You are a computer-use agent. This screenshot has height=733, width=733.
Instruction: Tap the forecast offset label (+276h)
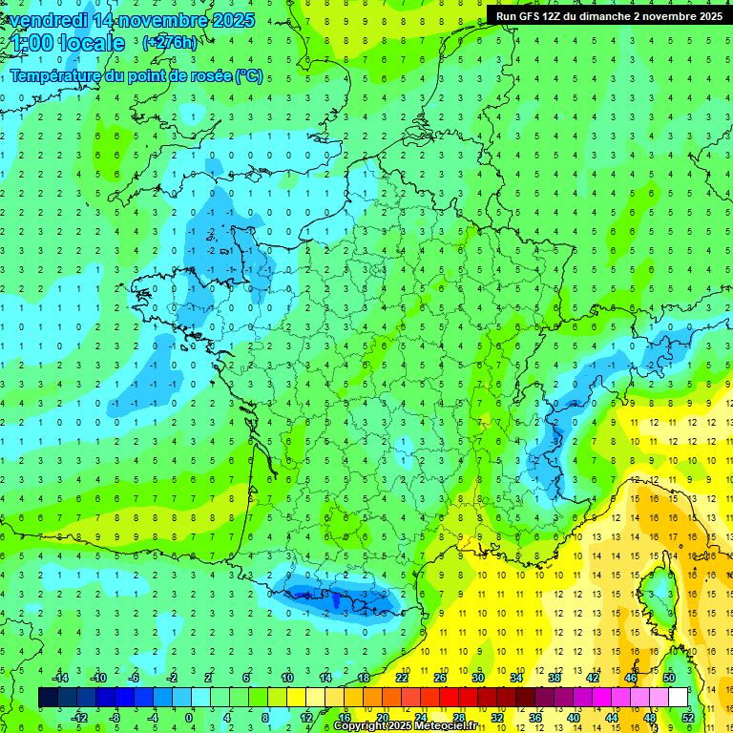pyautogui.click(x=170, y=42)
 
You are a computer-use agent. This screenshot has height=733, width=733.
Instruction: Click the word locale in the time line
pyautogui.click(x=92, y=43)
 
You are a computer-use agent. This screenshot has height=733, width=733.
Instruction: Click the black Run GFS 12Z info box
pyautogui.click(x=609, y=15)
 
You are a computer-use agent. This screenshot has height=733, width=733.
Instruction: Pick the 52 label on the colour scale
pyautogui.click(x=688, y=717)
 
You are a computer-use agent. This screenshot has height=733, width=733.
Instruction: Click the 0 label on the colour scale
pyautogui.click(x=188, y=717)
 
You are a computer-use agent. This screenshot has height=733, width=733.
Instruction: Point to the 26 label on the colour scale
pyautogui.click(x=440, y=678)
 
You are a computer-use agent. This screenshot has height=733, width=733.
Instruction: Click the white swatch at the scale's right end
pyautogui.click(x=678, y=698)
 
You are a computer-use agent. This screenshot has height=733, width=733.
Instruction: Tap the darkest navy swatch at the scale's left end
pyautogui.click(x=48, y=698)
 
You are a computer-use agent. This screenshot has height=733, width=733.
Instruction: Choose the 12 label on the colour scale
pyautogui.click(x=306, y=717)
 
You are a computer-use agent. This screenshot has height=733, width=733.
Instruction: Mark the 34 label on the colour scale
pyautogui.click(x=516, y=678)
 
